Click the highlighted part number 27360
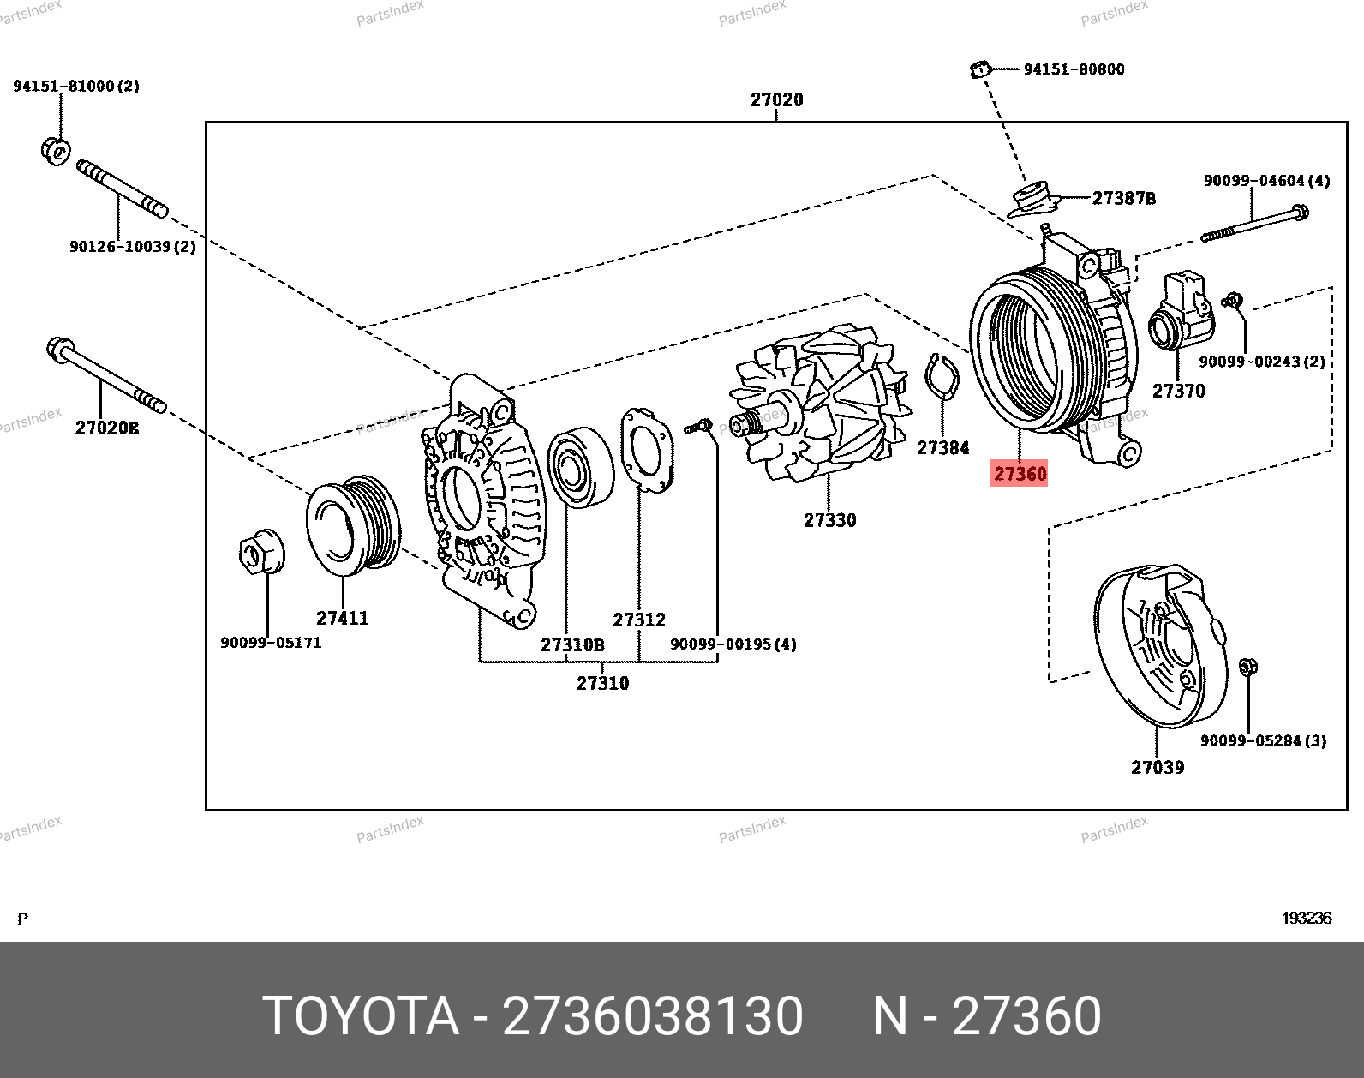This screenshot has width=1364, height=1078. click(1020, 474)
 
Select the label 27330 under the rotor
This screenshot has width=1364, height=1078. click(829, 520)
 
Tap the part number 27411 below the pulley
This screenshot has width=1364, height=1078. click(342, 618)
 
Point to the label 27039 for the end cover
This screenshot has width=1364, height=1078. click(1157, 767)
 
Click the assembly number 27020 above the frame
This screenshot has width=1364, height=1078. click(776, 100)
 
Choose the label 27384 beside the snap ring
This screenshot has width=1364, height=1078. click(942, 447)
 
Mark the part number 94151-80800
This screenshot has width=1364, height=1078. click(1074, 69)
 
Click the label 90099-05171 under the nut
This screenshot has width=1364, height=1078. click(271, 643)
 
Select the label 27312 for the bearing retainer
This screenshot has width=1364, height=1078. click(638, 620)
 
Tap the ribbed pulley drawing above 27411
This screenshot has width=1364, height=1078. click(353, 524)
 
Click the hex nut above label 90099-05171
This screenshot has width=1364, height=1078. click(260, 552)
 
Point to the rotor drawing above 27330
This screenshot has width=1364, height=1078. click(818, 403)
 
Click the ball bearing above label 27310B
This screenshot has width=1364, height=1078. click(579, 466)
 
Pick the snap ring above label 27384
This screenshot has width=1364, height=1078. click(942, 376)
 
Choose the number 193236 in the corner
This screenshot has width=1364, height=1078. click(1306, 919)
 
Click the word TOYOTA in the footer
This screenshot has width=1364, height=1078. click(361, 1016)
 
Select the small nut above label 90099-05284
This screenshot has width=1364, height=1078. click(1247, 666)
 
